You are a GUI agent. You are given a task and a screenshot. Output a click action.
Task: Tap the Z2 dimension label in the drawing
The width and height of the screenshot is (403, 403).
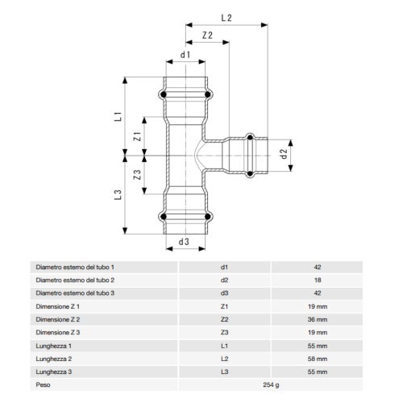[x=207, y=35]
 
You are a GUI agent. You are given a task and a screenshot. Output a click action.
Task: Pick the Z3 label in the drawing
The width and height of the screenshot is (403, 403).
[x=138, y=174]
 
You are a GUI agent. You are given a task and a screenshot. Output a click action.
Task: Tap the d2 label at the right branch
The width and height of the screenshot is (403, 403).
[x=283, y=153]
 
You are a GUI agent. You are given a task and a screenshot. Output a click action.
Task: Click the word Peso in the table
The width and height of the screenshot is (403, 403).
[x=44, y=384]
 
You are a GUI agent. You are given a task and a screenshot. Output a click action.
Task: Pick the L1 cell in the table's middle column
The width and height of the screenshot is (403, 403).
[x=225, y=345]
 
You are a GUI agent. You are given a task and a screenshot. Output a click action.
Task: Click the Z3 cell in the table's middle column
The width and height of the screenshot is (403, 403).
[x=225, y=332]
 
